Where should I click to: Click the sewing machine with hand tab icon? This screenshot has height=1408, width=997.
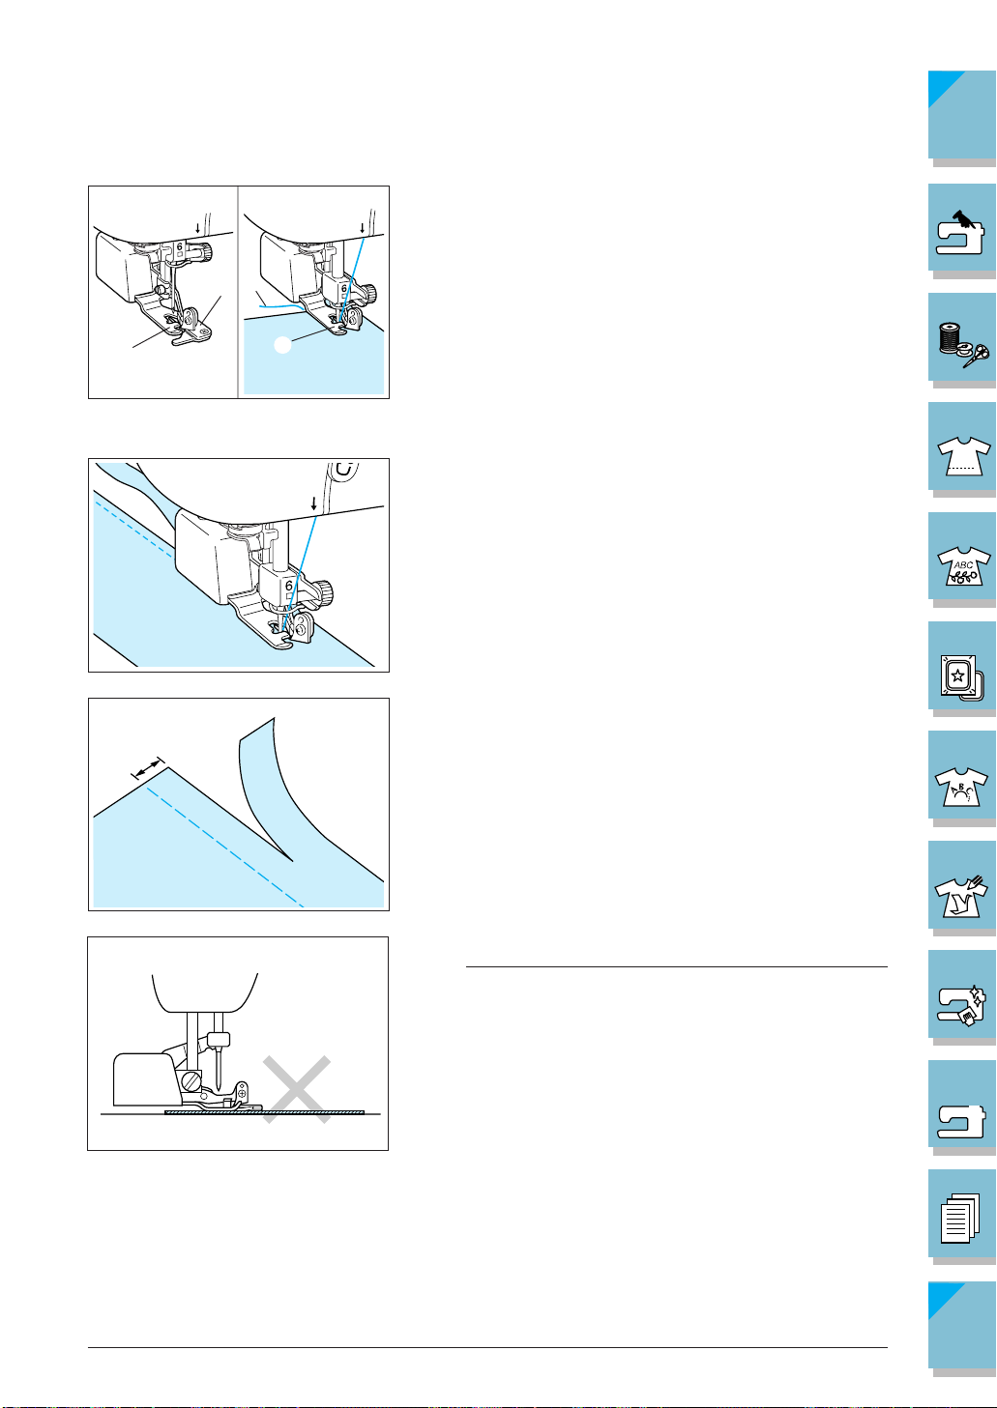tap(960, 233)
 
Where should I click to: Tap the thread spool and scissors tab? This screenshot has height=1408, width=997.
tap(963, 345)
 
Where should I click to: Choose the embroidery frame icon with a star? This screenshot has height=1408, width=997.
tap(958, 677)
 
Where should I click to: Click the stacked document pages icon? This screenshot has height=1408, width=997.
tap(960, 1218)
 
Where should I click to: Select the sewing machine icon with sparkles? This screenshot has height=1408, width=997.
tap(961, 1005)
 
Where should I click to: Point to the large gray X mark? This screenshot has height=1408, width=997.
tap(296, 1089)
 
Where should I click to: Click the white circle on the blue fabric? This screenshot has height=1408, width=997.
tap(283, 344)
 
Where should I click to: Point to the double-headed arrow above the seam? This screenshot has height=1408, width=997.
tap(147, 767)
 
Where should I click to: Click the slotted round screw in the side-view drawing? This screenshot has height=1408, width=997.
tap(191, 1081)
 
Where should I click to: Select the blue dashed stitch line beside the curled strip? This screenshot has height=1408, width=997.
tap(225, 847)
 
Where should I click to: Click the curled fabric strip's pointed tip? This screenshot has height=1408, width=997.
tap(292, 860)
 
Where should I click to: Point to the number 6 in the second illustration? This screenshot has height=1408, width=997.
tap(289, 586)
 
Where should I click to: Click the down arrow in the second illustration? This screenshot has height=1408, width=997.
tap(314, 503)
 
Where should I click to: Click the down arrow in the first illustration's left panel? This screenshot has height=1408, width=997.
tap(197, 228)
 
